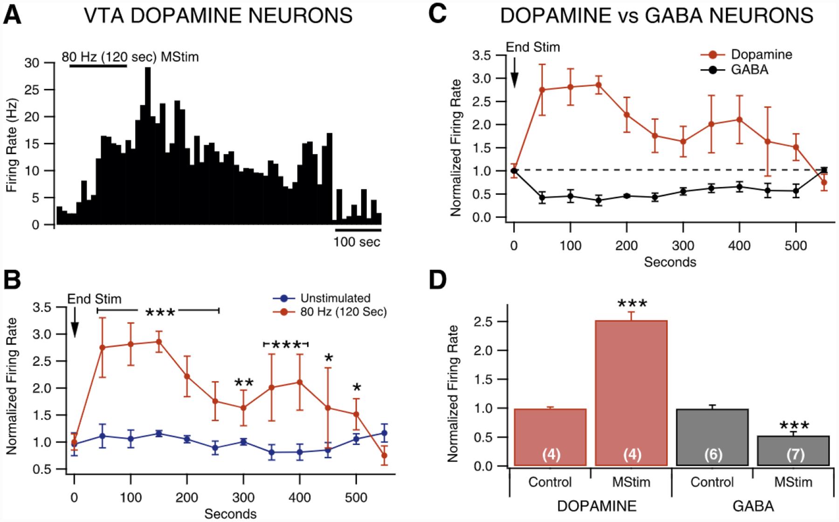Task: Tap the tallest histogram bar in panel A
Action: click(148, 140)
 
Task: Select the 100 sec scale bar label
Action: click(357, 242)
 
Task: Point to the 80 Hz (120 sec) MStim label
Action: click(130, 57)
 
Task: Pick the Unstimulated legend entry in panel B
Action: click(335, 298)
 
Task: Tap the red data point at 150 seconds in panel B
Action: click(158, 341)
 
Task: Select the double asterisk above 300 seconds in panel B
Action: click(244, 383)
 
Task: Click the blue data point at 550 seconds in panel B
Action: click(385, 433)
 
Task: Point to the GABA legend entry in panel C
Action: click(749, 70)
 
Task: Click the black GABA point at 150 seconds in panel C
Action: click(598, 201)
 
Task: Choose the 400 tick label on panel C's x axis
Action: click(739, 245)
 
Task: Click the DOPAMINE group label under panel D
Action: click(597, 506)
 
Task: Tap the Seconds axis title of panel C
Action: click(670, 262)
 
